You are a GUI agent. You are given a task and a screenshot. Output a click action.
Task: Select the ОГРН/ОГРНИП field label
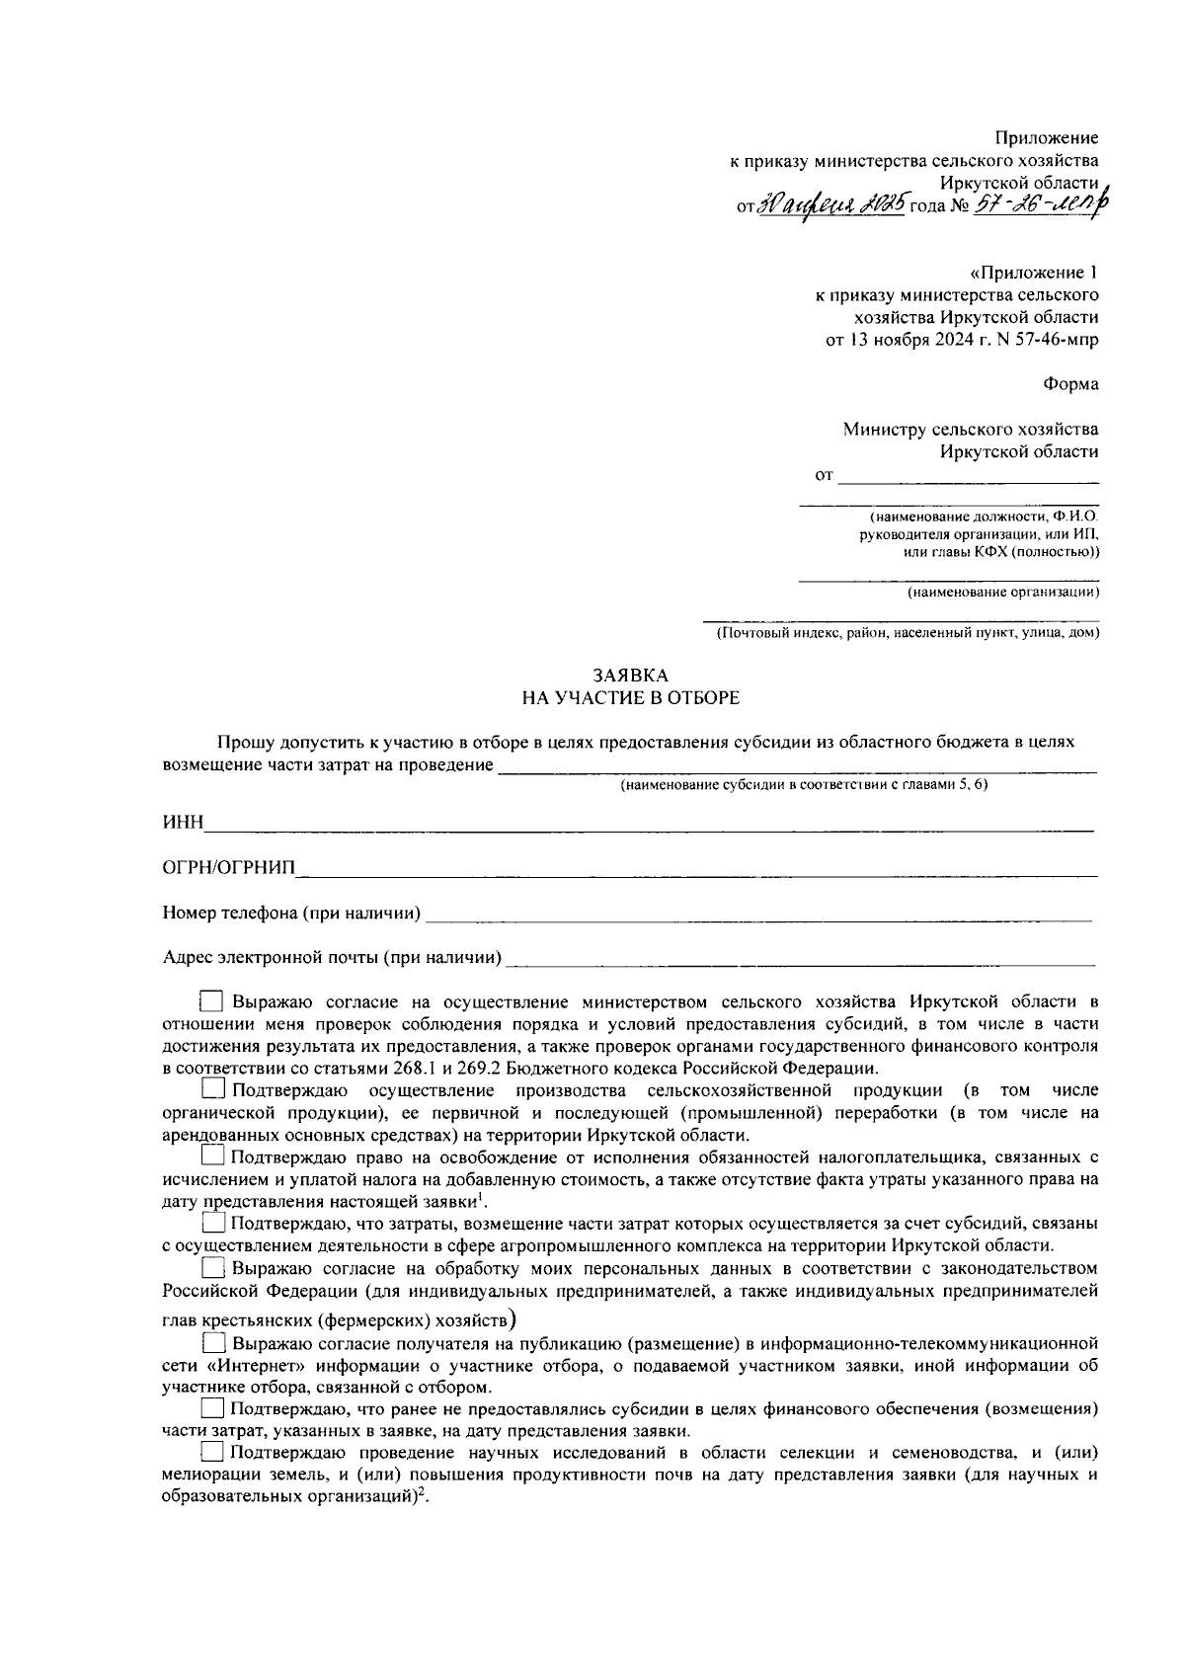point(228,868)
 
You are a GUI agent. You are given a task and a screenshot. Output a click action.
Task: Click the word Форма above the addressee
point(1070,384)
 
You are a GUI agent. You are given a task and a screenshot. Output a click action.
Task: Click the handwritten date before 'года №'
point(830,205)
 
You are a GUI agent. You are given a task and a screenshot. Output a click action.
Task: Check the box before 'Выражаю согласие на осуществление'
point(212,1001)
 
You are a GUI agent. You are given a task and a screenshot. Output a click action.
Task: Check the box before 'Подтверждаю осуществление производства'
point(212,1090)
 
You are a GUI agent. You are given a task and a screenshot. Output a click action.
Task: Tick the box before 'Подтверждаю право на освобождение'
point(212,1157)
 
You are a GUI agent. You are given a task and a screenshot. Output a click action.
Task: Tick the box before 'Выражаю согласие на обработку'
point(212,1268)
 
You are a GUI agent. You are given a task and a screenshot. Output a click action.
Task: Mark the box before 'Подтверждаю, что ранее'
point(212,1408)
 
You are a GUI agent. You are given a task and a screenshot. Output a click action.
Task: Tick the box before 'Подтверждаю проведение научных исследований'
point(212,1453)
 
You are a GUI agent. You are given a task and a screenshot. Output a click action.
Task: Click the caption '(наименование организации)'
point(1002,593)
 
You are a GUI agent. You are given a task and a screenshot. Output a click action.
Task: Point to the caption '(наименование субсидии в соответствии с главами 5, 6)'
point(804,785)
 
